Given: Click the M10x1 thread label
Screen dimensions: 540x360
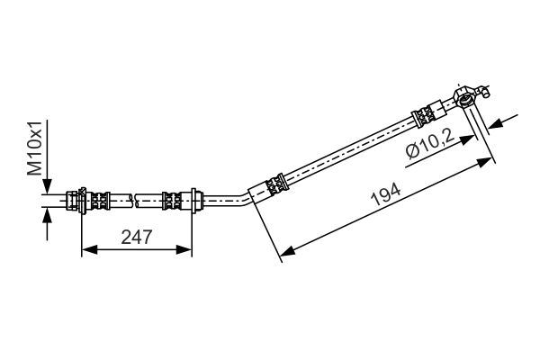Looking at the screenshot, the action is pos(35,148).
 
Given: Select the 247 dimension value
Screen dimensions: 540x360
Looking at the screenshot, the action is pos(137,237).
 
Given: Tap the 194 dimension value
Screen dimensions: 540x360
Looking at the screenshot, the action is pos(386,194).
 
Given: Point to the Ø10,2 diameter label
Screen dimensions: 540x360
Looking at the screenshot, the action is pos(428,142).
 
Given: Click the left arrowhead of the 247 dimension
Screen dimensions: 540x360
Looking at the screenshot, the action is pos(89,250).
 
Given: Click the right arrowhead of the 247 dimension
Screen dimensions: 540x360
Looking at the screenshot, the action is pos(184,250).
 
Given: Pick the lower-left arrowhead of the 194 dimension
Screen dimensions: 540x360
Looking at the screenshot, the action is pos(287,251).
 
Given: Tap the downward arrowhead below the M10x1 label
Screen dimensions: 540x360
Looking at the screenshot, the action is pos(47,186).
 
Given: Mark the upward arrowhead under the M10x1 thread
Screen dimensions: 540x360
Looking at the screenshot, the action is pos(47,216).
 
